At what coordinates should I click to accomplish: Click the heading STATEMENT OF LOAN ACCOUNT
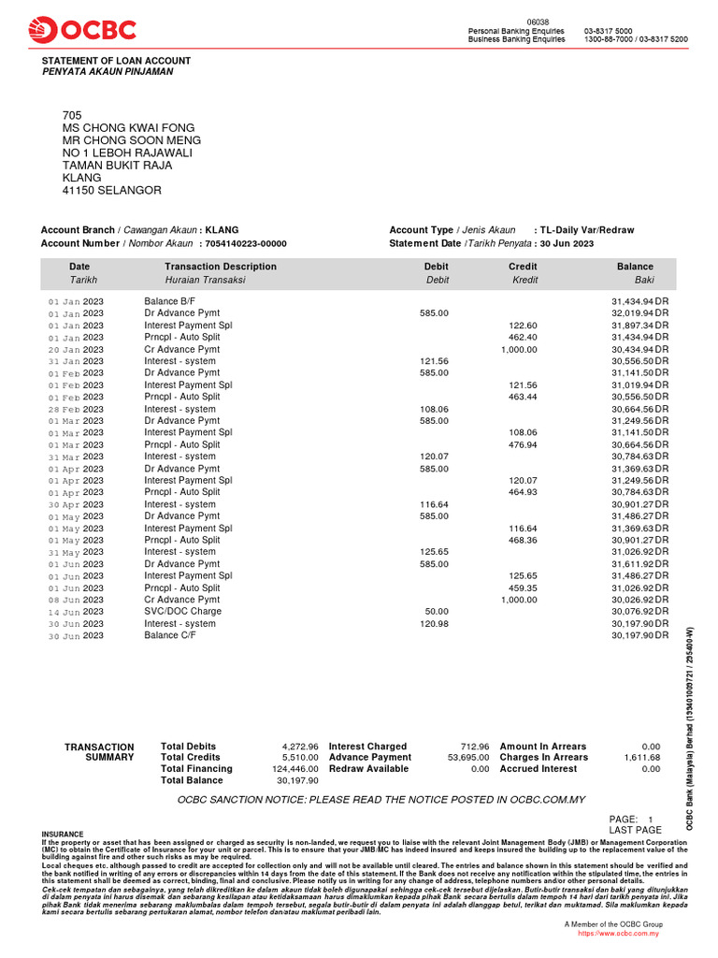(x=116, y=61)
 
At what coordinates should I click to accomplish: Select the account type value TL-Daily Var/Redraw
(x=586, y=230)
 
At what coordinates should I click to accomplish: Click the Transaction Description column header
(x=221, y=267)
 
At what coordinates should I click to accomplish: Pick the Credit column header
(x=522, y=267)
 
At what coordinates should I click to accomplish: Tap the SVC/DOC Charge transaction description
(x=182, y=612)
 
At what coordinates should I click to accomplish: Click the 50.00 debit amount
(x=437, y=612)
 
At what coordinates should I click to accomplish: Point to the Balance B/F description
(x=170, y=301)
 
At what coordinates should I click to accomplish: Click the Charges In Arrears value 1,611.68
(x=642, y=757)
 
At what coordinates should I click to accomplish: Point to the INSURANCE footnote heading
(x=63, y=834)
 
